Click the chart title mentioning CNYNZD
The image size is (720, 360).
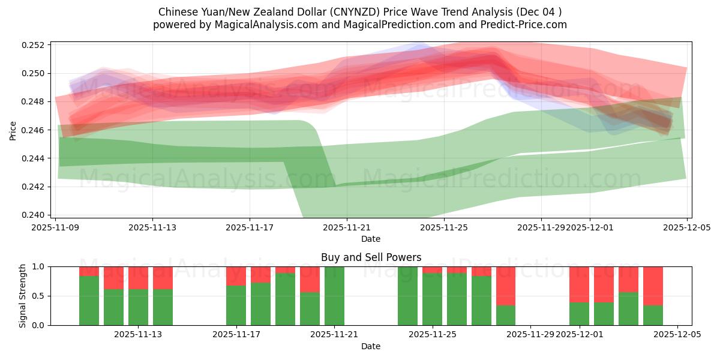(360, 12)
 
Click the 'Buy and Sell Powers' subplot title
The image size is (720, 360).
(371, 257)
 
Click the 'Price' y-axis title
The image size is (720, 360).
(13, 130)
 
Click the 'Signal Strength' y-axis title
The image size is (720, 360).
(22, 296)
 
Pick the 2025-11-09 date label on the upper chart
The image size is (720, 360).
(55, 228)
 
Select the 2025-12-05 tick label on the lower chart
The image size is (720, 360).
(677, 335)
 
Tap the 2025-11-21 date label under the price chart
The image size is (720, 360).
(347, 228)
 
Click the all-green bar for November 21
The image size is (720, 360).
(334, 296)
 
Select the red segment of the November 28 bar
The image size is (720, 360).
(506, 286)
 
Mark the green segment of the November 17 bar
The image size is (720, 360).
(236, 305)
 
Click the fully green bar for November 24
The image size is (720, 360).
(407, 296)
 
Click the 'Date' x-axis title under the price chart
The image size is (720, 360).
(371, 239)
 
